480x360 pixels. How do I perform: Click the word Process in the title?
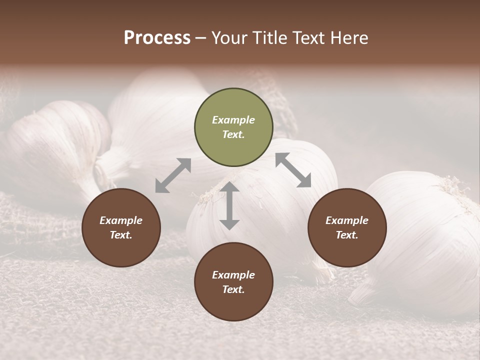[x=157, y=38]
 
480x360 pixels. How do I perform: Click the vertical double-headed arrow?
[x=229, y=205]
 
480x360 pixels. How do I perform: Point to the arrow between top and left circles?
[x=173, y=175]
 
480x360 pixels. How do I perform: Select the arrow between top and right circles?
[x=293, y=170]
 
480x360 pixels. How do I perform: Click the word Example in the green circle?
[x=233, y=120]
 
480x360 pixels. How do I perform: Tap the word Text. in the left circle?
[x=121, y=235]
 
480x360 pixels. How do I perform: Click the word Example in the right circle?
[x=347, y=220]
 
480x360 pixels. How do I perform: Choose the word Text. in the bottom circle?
[x=233, y=289]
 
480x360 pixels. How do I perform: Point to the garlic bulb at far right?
[x=425, y=235]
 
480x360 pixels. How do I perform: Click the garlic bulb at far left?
[x=55, y=145]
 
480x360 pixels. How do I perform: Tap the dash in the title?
[x=201, y=38]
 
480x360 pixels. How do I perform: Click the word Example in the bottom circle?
[x=233, y=275]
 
